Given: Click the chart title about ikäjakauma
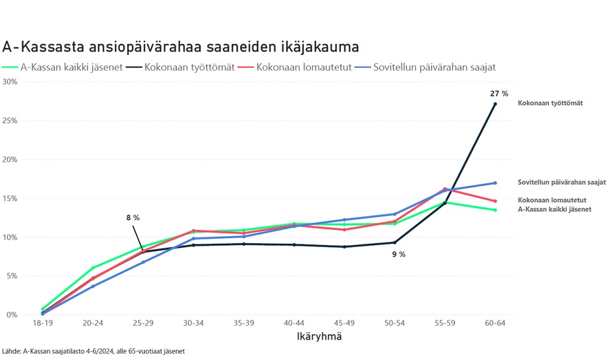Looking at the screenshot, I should click(x=180, y=47).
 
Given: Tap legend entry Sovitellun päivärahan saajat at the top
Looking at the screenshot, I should click(x=434, y=66).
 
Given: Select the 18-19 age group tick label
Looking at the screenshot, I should click(x=43, y=324).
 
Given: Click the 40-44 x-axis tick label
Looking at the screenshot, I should click(x=294, y=324).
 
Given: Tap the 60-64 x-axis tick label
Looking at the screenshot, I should click(x=495, y=324).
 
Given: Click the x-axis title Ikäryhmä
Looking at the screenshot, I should click(x=319, y=336).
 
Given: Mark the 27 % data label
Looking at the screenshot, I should click(x=499, y=94).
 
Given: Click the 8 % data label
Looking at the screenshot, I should click(x=133, y=218).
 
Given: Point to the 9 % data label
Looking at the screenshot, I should click(x=398, y=254).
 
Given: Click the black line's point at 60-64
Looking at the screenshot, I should click(x=495, y=104).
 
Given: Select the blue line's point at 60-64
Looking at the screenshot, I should click(x=495, y=183).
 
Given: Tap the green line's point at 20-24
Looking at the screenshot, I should click(x=93, y=267).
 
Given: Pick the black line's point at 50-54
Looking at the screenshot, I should click(x=395, y=243).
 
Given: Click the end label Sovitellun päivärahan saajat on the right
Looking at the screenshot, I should click(x=561, y=183).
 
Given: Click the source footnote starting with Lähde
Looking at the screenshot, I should click(x=94, y=351).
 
